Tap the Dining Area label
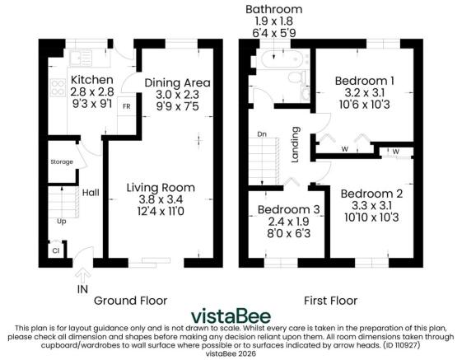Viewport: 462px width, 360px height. tap(177, 82)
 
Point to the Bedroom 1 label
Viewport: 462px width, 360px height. tap(366, 80)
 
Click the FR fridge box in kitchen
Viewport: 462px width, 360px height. tap(126, 107)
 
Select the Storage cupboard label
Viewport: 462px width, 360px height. tap(62, 162)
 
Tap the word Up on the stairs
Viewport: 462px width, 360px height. tap(61, 221)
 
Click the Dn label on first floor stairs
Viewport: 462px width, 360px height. tap(263, 134)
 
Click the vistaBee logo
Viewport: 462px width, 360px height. tap(231, 316)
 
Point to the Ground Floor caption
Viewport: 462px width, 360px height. tap(130, 300)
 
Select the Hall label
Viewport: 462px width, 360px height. tap(91, 192)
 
